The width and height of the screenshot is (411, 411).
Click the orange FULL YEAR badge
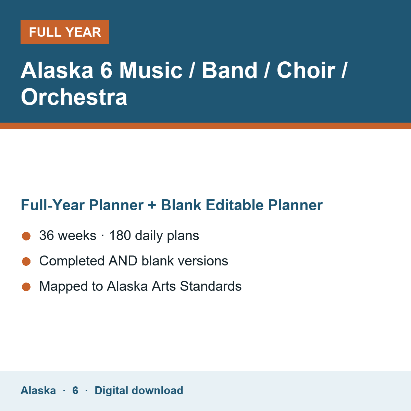(x=65, y=32)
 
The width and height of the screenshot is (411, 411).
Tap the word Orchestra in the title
(x=74, y=97)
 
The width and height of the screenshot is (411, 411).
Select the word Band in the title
(x=229, y=70)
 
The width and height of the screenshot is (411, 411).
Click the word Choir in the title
(x=306, y=70)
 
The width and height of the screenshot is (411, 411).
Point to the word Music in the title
(x=151, y=70)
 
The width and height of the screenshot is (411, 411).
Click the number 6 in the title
(x=106, y=70)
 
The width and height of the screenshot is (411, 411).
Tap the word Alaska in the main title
(x=57, y=70)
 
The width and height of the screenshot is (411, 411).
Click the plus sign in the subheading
(x=152, y=206)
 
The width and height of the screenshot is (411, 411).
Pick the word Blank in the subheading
(x=181, y=205)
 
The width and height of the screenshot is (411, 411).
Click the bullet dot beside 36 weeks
(x=26, y=236)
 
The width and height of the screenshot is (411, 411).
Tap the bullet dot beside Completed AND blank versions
(x=26, y=261)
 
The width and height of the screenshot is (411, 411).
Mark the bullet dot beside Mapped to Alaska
(x=26, y=287)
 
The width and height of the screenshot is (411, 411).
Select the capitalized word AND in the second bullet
(x=123, y=261)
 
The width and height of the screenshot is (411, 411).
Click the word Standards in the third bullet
(x=211, y=286)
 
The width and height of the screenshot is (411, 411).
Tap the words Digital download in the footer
(x=139, y=390)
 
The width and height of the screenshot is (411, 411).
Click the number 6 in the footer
(x=75, y=390)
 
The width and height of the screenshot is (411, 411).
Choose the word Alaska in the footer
(x=38, y=390)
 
